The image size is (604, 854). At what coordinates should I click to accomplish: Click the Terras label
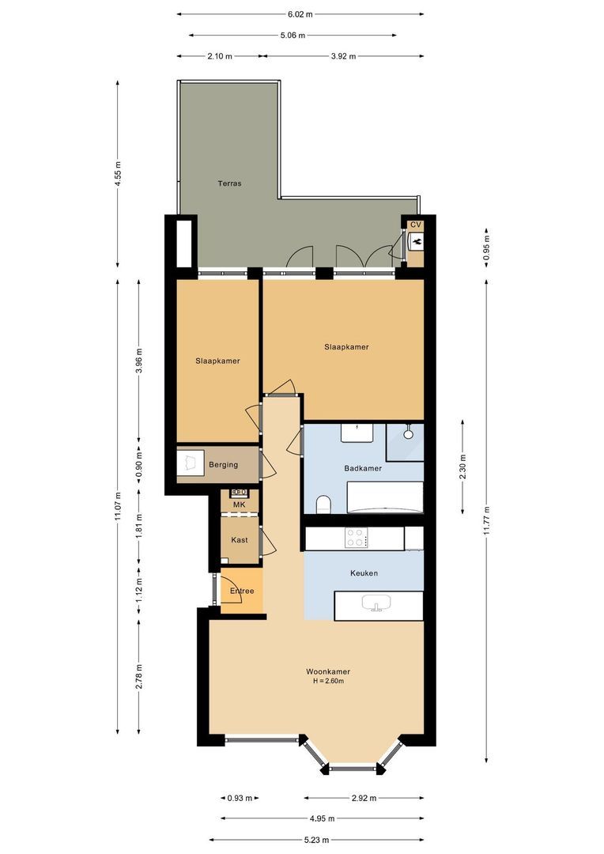click(229, 183)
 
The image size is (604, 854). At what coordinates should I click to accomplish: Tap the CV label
click(416, 225)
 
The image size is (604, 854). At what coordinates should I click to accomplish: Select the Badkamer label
click(363, 468)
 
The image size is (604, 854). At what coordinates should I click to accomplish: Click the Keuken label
click(364, 573)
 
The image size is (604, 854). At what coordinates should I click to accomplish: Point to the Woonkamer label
click(328, 671)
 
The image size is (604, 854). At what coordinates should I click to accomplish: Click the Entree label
click(242, 591)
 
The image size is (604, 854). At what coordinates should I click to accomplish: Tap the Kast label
click(240, 540)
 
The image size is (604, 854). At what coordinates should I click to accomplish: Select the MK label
click(239, 504)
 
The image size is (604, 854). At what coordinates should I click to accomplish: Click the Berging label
click(223, 465)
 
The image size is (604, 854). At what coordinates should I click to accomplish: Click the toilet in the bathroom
click(323, 504)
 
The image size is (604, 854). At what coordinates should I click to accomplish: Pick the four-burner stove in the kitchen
click(357, 538)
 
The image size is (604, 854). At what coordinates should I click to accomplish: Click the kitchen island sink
click(376, 603)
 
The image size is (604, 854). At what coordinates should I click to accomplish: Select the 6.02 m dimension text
click(300, 15)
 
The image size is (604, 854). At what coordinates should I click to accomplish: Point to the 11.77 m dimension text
click(486, 521)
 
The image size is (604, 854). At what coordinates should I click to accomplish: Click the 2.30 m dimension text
click(462, 467)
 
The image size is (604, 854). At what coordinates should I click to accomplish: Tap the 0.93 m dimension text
click(240, 799)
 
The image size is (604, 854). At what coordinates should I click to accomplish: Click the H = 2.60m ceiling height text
click(328, 681)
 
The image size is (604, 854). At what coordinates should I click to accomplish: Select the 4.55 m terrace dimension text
click(118, 175)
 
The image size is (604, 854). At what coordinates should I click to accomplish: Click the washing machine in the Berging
click(190, 463)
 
